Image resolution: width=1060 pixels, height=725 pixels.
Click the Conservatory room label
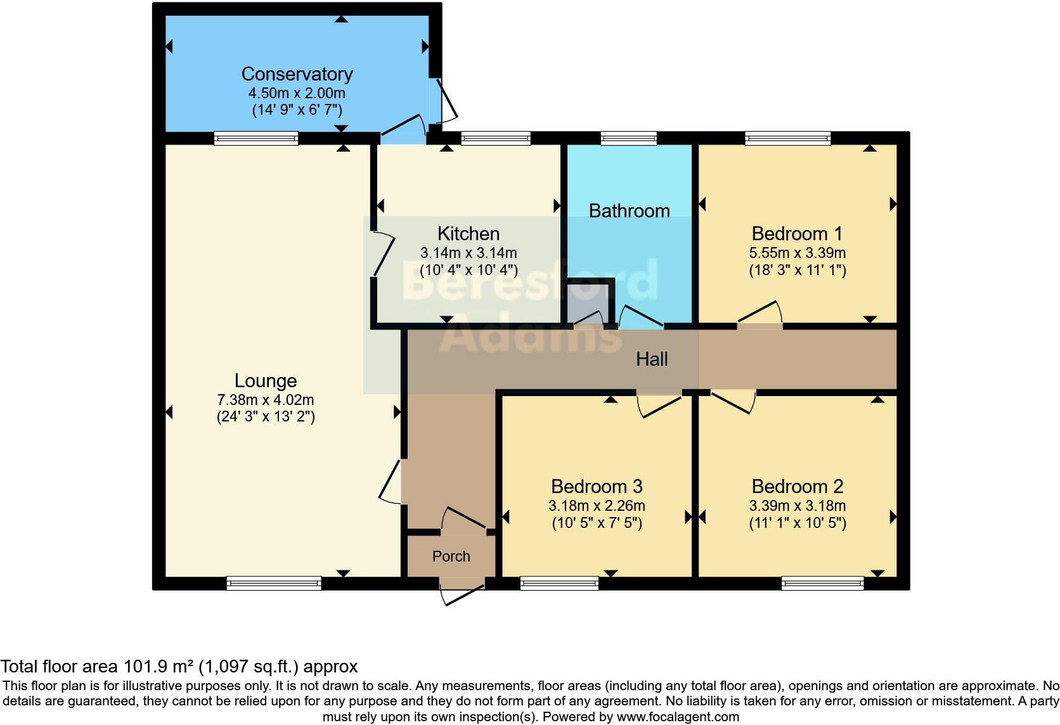[x=297, y=74]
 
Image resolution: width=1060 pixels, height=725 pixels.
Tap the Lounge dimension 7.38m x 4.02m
[x=266, y=400]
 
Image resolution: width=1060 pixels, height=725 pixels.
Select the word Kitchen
[x=469, y=234]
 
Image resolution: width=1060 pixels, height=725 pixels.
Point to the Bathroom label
[x=629, y=211]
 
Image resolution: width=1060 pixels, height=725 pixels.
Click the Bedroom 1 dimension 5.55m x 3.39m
[x=797, y=253]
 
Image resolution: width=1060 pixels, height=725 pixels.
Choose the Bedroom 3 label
[x=597, y=487]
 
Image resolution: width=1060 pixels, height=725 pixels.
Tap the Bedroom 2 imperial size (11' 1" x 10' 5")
[x=797, y=523]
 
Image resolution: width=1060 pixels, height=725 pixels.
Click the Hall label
[x=652, y=359]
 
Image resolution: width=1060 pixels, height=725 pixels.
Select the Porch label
[x=451, y=556]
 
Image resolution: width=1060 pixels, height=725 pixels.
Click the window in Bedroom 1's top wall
[x=787, y=138]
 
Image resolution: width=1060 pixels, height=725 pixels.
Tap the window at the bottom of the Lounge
[x=274, y=583]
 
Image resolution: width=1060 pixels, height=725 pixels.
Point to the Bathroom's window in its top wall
[x=628, y=138]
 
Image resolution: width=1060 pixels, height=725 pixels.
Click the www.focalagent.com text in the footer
[x=677, y=717]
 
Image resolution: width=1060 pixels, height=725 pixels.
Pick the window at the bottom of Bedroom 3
[x=559, y=583]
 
